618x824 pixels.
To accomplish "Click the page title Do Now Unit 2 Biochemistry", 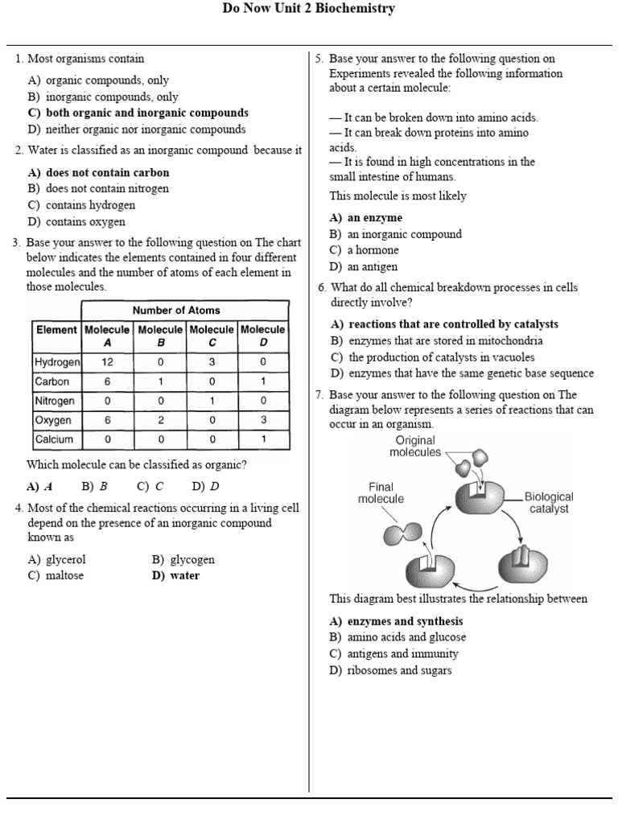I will coord(309,9).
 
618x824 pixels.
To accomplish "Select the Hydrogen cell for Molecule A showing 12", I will coord(107,362).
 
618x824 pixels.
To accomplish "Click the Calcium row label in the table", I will coord(54,439).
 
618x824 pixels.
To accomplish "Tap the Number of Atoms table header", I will coord(176,310).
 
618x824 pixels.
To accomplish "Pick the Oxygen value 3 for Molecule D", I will coord(263,420).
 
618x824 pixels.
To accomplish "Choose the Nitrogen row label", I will coord(55,401).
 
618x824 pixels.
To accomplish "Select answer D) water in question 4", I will coord(175,575).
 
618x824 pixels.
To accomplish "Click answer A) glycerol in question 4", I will coord(56,559).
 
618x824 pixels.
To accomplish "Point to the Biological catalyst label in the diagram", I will coord(549,503).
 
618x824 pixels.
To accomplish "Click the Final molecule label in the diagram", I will coord(381,492).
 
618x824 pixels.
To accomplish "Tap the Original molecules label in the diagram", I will coord(415,446).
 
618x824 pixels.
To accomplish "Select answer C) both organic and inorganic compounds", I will coord(138,113).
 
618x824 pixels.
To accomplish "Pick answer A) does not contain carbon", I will coord(98,172).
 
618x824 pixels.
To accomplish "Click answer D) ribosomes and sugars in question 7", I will coord(390,670).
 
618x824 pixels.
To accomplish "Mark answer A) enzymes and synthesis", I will coord(396,621).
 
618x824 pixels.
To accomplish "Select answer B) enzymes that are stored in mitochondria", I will coord(435,340).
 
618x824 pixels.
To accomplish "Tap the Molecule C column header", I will coord(212,336).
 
